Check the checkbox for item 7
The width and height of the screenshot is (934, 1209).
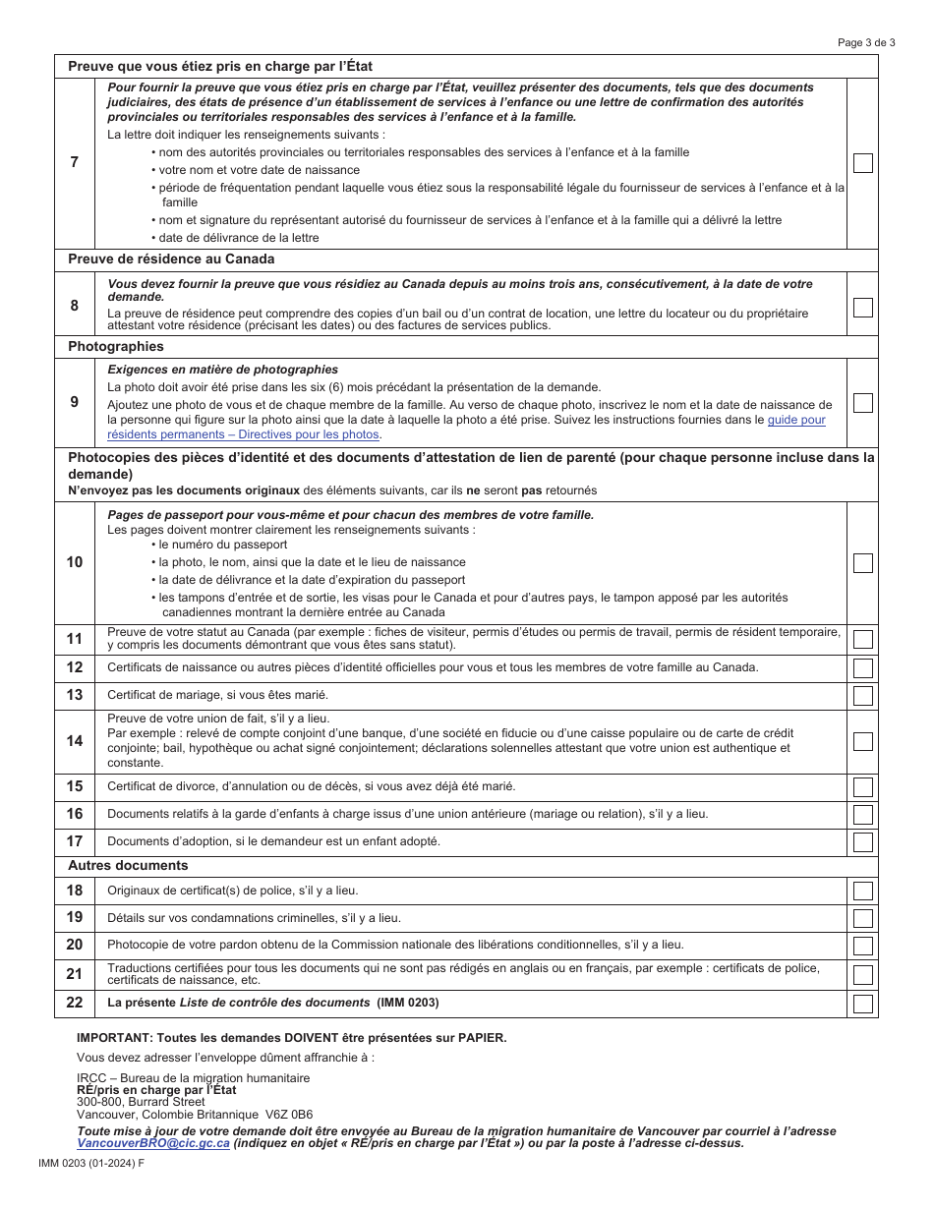click(x=862, y=163)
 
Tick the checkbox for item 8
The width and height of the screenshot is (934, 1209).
click(x=862, y=307)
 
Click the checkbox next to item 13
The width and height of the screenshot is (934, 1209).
click(x=862, y=696)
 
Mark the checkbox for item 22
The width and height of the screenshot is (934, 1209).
click(x=862, y=1004)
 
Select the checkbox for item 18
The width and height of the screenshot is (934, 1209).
click(x=862, y=892)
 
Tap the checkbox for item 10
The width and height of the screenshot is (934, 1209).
click(x=862, y=563)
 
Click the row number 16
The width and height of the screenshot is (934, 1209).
click(x=75, y=814)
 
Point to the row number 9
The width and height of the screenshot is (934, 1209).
click(x=75, y=402)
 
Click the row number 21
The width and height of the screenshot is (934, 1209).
click(x=75, y=974)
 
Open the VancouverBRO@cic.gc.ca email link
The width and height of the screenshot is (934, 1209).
click(x=153, y=1143)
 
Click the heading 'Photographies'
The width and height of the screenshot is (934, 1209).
click(x=115, y=347)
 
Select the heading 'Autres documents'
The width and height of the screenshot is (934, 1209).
click(x=128, y=866)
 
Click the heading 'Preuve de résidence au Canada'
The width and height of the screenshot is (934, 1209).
click(x=171, y=259)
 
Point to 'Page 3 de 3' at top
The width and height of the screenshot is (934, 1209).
click(x=866, y=42)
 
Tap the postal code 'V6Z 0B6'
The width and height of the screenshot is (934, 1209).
click(x=289, y=1115)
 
